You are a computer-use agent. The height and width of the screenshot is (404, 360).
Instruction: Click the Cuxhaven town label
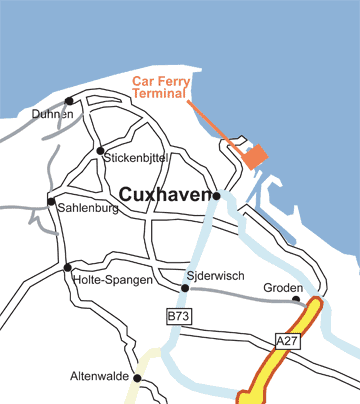click(x=164, y=195)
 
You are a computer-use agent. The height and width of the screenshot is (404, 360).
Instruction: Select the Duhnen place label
click(x=53, y=115)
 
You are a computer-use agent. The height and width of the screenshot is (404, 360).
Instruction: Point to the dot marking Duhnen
click(x=69, y=101)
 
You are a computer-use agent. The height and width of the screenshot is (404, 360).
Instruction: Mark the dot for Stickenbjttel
click(x=100, y=151)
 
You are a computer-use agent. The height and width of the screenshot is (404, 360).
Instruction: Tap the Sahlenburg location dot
click(x=51, y=201)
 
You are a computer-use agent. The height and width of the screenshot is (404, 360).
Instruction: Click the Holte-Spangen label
click(x=113, y=280)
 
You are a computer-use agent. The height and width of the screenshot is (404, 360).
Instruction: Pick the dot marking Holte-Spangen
click(x=67, y=267)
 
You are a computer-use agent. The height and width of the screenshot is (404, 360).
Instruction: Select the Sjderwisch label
click(x=216, y=273)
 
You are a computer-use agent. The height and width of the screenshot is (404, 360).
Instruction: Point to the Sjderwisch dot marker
click(x=185, y=288)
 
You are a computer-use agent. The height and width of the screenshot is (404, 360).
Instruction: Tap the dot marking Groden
click(x=296, y=298)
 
